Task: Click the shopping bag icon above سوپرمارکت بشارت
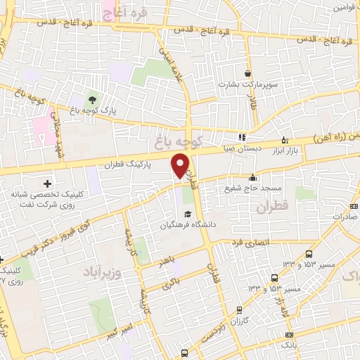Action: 247,72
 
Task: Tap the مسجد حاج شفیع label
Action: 253,188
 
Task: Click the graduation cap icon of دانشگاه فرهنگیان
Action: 187,214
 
